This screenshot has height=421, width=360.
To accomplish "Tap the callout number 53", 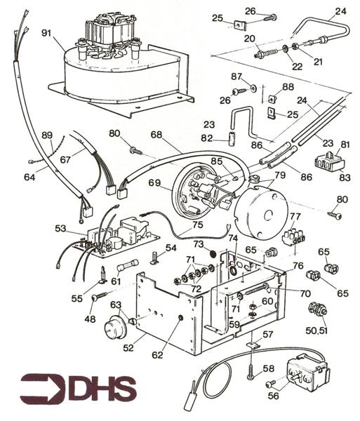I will click(61, 228).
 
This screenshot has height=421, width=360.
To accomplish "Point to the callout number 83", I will click(343, 178).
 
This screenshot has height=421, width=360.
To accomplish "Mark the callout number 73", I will click(199, 243).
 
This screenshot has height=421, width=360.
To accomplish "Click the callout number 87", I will click(236, 76).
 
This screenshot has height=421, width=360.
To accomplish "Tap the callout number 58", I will click(268, 368).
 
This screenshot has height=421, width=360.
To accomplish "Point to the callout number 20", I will click(249, 39).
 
